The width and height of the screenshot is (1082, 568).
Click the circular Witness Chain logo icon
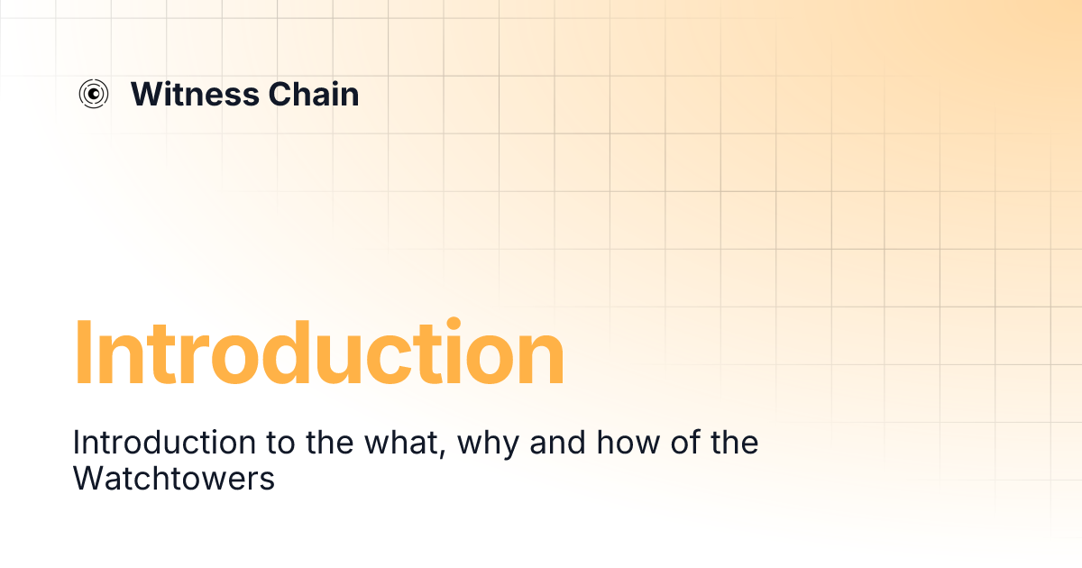[94, 93]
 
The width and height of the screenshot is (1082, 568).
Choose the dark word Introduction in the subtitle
[148, 443]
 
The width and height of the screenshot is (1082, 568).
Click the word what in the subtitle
[401, 443]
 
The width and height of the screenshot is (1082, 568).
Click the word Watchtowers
[173, 479]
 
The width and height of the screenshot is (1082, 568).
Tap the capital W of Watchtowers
[87, 479]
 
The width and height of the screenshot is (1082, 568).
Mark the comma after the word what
[444, 453]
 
